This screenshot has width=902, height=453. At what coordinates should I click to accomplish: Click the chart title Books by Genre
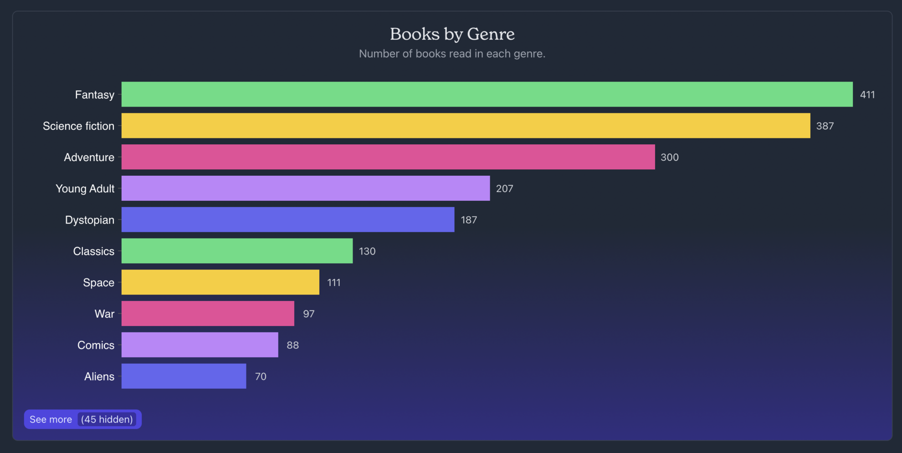click(x=452, y=34)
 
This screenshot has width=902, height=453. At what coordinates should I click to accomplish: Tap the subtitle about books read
click(x=452, y=54)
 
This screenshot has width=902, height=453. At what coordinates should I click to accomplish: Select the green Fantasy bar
click(x=487, y=94)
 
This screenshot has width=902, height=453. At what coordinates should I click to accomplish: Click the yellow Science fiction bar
click(x=466, y=126)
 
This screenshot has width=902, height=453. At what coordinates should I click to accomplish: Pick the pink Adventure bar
click(x=388, y=157)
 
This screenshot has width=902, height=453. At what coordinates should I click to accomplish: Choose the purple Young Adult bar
click(x=305, y=188)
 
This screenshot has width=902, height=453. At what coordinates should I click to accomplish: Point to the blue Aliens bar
click(x=184, y=376)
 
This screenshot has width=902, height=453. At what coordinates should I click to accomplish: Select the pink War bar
click(x=208, y=313)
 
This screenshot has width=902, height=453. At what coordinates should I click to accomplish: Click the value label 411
click(x=867, y=95)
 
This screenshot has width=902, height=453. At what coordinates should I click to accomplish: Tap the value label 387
click(x=825, y=126)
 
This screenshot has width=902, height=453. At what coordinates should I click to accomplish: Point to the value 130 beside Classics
click(x=367, y=251)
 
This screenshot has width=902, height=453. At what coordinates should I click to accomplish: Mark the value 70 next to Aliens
click(x=261, y=377)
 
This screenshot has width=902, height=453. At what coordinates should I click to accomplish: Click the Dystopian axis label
click(x=90, y=220)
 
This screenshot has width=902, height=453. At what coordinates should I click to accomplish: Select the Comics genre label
click(x=96, y=345)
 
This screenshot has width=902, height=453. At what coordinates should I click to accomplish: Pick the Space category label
click(x=98, y=283)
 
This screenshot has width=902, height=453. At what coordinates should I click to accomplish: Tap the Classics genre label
click(x=93, y=251)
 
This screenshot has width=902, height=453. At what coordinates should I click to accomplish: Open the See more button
click(x=51, y=419)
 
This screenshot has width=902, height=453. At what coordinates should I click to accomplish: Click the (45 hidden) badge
click(x=107, y=419)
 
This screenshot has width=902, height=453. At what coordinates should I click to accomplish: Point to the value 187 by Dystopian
click(x=469, y=220)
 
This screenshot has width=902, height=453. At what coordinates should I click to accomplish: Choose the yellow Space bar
click(x=220, y=282)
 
